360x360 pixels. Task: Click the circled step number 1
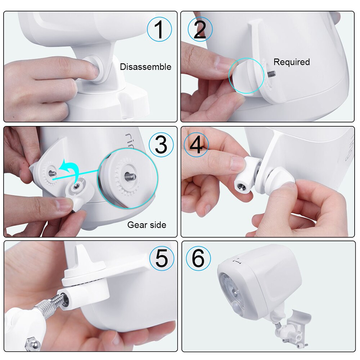pyautogui.click(x=159, y=29)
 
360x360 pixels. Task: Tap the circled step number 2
pyautogui.click(x=200, y=29)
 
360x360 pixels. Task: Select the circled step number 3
pyautogui.click(x=161, y=145)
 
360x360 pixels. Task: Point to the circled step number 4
pyautogui.click(x=196, y=145)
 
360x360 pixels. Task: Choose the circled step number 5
pyautogui.click(x=162, y=258)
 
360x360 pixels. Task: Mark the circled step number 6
pyautogui.click(x=198, y=258)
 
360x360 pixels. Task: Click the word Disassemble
pyautogui.click(x=145, y=67)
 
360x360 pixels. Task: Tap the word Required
pyautogui.click(x=292, y=62)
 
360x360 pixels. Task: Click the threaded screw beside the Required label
pyautogui.click(x=271, y=74)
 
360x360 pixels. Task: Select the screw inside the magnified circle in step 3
pyautogui.click(x=130, y=176)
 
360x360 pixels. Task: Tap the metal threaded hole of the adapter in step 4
pyautogui.click(x=240, y=186)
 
